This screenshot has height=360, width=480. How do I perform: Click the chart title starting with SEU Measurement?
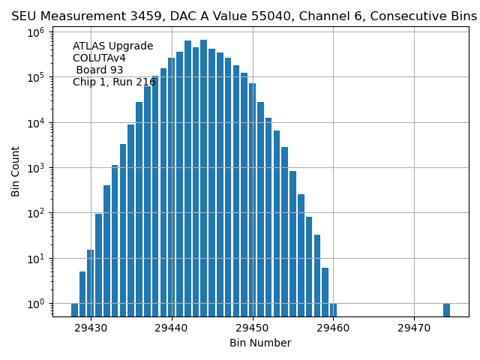click(244, 16)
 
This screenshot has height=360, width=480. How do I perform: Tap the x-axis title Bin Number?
click(260, 343)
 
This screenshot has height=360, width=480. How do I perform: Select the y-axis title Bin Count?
click(16, 172)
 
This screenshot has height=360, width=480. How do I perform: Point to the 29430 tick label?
click(91, 328)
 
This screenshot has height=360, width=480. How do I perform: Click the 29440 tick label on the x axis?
click(172, 328)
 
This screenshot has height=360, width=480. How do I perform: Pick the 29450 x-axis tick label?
click(253, 328)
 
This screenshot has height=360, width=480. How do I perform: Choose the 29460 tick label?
click(334, 328)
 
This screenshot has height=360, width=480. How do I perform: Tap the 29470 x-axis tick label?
click(414, 328)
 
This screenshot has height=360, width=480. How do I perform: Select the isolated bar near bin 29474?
click(446, 310)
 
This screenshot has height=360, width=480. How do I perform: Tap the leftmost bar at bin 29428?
click(75, 310)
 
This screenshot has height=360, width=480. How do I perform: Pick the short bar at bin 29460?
click(333, 310)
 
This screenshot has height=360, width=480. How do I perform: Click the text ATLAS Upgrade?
click(112, 46)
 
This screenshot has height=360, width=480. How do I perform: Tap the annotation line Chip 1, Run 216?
click(113, 82)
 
